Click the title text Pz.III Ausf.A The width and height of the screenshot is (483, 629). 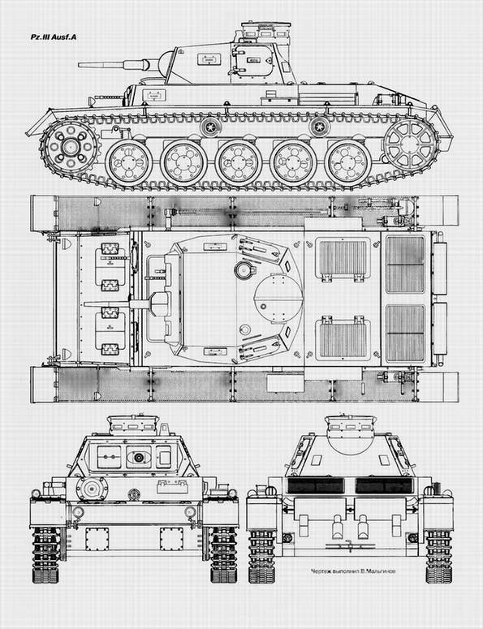coord(54,37)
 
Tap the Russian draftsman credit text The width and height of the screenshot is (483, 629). coord(352,571)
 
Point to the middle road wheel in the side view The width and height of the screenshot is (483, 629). coord(238,162)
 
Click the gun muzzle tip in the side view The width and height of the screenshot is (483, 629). coord(79,65)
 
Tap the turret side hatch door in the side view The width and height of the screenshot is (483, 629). coord(254,61)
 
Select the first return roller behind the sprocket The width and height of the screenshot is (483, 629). coord(211,127)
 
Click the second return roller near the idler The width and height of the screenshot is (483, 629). coord(320,127)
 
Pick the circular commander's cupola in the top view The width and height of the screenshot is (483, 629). coord(278,297)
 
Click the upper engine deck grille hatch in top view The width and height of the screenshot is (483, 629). coord(343,258)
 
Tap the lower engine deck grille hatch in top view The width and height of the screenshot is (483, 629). coord(343,338)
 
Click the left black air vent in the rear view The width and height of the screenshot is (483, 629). coord(316,486)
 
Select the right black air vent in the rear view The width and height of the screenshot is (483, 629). coord(384,486)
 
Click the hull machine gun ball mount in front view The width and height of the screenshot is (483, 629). coord(92,489)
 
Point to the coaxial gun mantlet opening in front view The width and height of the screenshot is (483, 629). coord(139,457)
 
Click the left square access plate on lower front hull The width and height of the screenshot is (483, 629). coord(97,539)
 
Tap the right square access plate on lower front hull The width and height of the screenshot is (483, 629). coord(172,539)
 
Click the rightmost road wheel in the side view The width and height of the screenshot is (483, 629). coord(347,162)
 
